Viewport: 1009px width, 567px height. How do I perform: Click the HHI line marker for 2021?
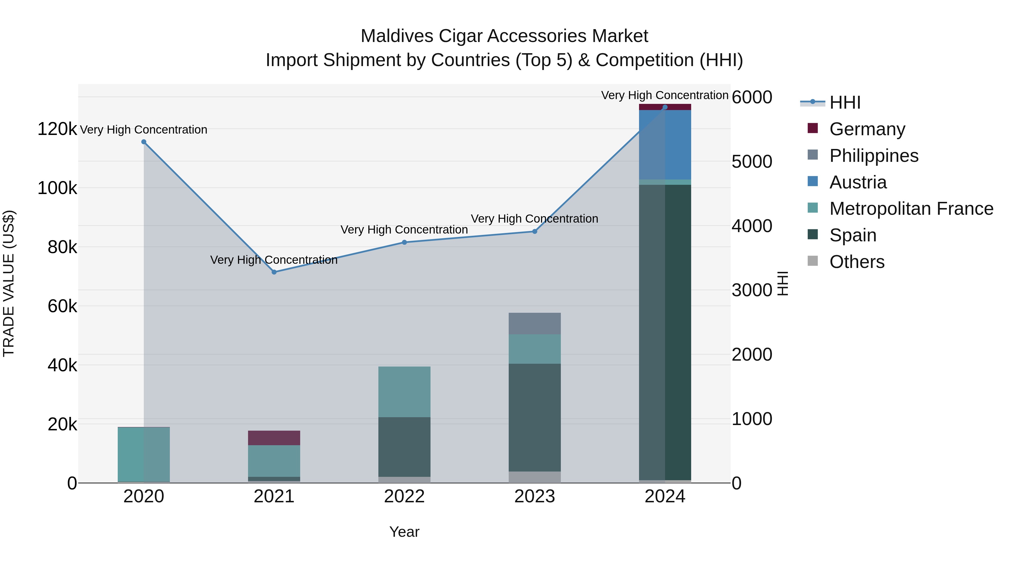pyautogui.click(x=274, y=272)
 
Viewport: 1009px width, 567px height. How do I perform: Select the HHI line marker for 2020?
pyautogui.click(x=144, y=142)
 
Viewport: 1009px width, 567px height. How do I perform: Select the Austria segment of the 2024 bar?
pyautogui.click(x=665, y=144)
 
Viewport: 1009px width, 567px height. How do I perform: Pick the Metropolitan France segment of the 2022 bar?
pyautogui.click(x=404, y=391)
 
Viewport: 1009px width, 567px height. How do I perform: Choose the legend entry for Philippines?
pyautogui.click(x=873, y=156)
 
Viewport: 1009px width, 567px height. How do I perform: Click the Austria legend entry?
pyautogui.click(x=858, y=182)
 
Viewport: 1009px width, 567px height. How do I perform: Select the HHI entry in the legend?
pyautogui.click(x=844, y=102)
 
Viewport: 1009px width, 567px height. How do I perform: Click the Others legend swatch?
pyautogui.click(x=813, y=261)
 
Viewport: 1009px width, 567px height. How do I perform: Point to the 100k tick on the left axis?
pyautogui.click(x=57, y=188)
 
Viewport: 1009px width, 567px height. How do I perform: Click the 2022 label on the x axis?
pyautogui.click(x=404, y=496)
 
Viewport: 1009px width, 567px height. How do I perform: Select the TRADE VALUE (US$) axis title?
pyautogui.click(x=9, y=283)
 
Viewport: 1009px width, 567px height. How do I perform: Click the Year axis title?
pyautogui.click(x=404, y=532)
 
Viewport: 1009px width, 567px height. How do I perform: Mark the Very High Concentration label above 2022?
pyautogui.click(x=404, y=230)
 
